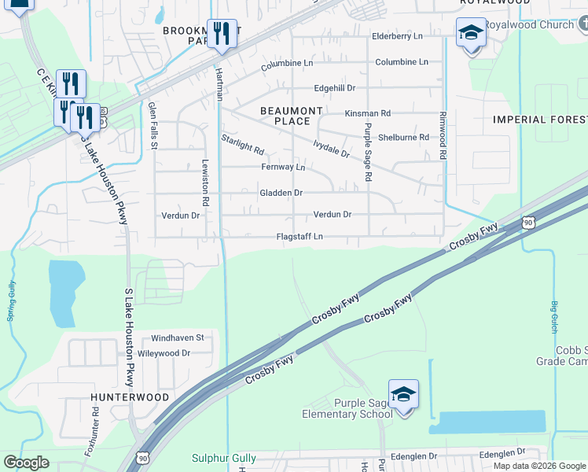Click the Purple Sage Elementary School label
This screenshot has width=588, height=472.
(347, 409)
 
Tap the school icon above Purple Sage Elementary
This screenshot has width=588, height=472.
(403, 394)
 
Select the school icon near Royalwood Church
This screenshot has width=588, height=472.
(471, 32)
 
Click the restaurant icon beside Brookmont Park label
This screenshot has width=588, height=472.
(222, 33)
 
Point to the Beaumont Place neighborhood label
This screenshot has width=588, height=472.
(292, 116)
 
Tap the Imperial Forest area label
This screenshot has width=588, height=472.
(539, 120)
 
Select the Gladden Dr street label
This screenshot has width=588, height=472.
(281, 193)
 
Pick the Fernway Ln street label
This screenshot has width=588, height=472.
(283, 168)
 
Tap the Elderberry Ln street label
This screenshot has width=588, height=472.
(397, 36)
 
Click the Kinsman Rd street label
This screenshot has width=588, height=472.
(367, 113)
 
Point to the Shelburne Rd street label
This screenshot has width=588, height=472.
(403, 137)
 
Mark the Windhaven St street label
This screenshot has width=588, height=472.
(178, 337)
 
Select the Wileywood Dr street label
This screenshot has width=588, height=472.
(164, 353)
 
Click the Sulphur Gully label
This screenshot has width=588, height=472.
(224, 458)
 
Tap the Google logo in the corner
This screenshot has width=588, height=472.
(26, 463)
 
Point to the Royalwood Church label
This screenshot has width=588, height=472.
(528, 25)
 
